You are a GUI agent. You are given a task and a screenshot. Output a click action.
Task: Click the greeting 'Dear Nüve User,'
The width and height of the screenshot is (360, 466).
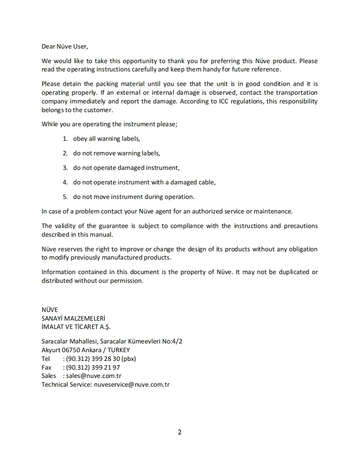[x=64, y=47]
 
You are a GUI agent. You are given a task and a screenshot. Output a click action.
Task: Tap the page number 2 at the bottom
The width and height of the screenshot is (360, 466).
[x=180, y=432]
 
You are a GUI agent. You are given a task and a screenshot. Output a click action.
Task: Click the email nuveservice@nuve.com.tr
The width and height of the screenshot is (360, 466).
[x=132, y=385]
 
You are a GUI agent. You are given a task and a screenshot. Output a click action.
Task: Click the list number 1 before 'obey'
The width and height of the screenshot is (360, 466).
[x=65, y=139]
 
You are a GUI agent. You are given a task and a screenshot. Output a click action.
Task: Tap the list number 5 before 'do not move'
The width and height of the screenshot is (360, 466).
[x=65, y=197]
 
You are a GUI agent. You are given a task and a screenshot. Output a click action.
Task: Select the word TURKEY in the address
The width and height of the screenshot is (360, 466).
[x=119, y=350]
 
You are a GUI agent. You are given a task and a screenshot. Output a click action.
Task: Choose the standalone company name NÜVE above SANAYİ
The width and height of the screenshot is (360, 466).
[x=49, y=310]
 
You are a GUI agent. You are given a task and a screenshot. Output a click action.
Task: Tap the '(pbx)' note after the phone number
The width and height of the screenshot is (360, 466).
[x=128, y=359]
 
